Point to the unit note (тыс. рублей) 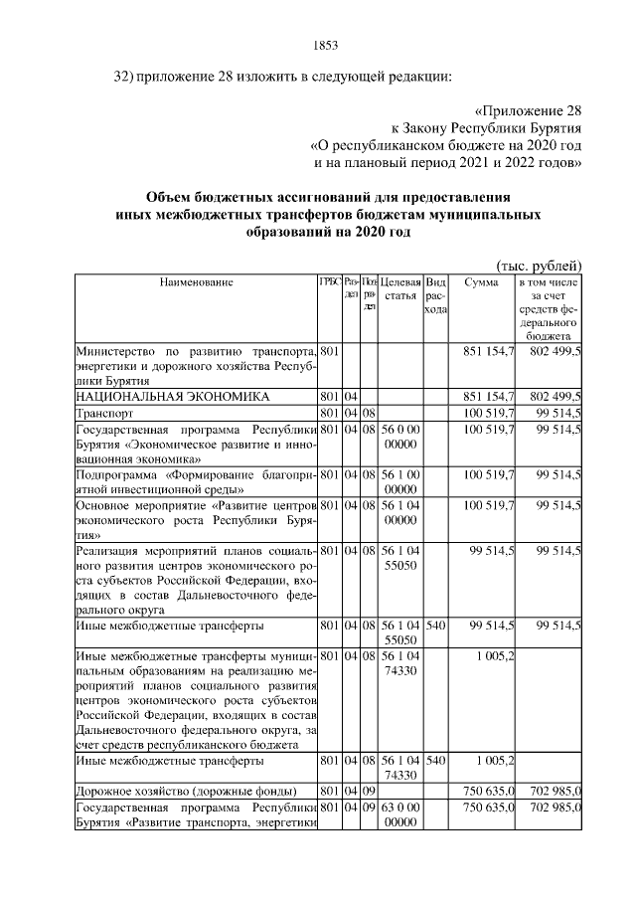539,264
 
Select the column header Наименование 196,282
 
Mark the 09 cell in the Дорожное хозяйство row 369,791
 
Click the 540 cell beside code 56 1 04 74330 435,761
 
